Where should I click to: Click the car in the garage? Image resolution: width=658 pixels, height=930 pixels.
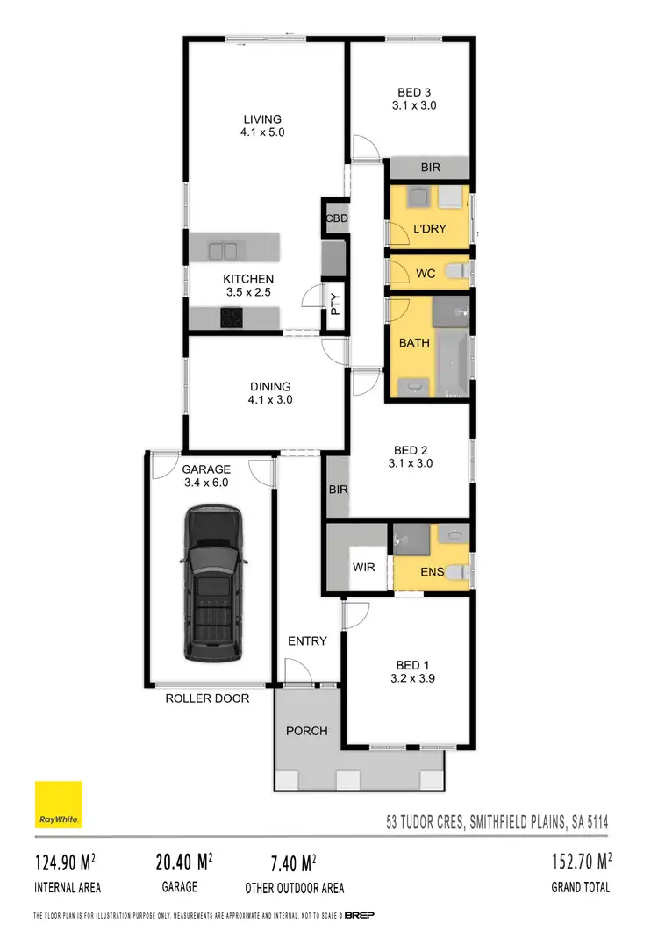coord(211,583)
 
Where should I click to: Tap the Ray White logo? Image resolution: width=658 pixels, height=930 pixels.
coord(59,805)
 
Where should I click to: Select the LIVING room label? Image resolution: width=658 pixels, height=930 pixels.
coord(262,119)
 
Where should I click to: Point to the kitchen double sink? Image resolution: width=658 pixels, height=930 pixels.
coord(223,251)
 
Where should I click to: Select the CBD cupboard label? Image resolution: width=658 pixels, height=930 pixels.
coord(337,218)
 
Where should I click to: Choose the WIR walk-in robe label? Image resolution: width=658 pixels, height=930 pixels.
coord(363,568)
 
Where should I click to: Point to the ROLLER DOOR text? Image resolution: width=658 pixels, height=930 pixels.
coord(207,698)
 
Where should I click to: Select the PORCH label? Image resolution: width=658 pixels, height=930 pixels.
coord(307,731)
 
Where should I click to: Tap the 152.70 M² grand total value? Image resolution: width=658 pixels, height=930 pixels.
coord(580,862)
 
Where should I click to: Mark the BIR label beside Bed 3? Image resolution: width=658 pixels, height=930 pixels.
coord(430,167)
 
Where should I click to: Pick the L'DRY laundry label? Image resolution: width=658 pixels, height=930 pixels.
coord(429,229)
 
